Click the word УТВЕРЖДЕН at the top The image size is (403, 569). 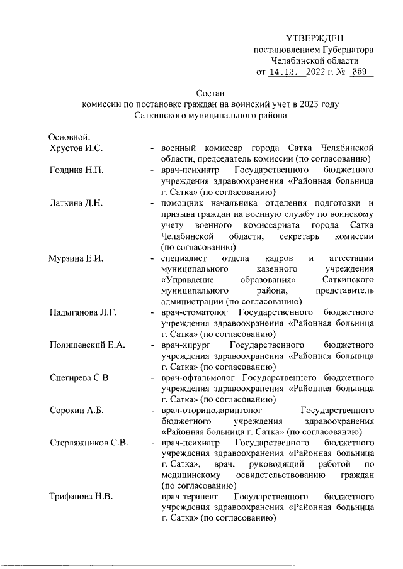tap(315, 39)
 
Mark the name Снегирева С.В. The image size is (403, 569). tap(80, 378)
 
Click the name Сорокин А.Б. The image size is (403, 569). tap(77, 411)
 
